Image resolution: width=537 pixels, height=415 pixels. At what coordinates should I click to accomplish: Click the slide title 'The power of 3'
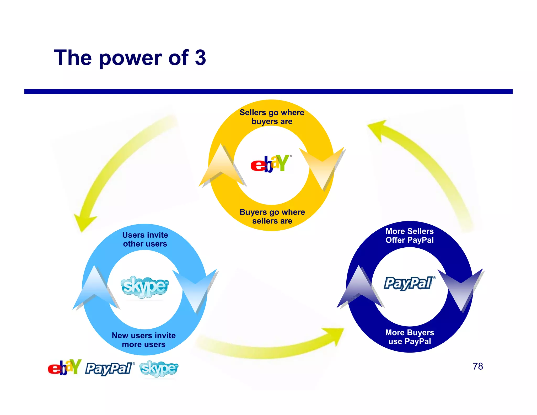coord(130,58)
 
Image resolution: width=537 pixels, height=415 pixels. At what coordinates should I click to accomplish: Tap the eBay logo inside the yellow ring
coord(270,164)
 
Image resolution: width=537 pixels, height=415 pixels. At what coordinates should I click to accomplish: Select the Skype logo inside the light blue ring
coord(144,287)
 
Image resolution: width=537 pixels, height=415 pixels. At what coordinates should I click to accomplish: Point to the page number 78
coord(478,366)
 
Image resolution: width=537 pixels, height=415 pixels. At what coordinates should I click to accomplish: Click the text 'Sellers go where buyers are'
coord(272,117)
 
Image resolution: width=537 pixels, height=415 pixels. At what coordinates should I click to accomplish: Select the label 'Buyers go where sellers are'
coord(272,216)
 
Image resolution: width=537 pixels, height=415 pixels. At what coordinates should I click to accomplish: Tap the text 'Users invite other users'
coord(145,239)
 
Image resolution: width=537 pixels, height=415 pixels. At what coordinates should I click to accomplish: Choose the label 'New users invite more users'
coord(144,340)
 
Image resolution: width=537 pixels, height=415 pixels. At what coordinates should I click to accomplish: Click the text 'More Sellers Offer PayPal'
coord(410,236)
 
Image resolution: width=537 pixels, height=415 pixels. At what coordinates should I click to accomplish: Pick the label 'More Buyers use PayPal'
coord(410,337)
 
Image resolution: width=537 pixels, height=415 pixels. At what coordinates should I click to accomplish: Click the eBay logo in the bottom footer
coord(65,368)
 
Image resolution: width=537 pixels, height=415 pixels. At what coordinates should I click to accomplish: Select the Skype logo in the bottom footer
coord(159,369)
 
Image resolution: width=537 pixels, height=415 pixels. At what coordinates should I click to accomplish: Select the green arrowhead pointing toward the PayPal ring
coord(334,336)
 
